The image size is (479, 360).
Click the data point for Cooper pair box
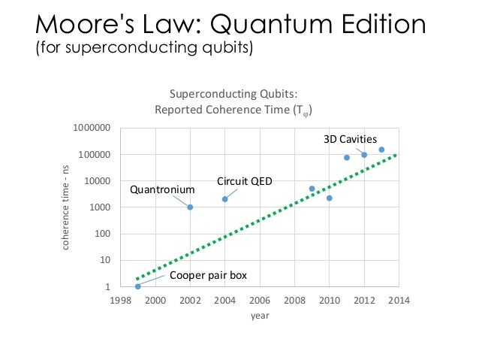(x=137, y=286)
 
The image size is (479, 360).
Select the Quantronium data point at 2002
(x=190, y=207)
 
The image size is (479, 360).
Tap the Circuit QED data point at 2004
(x=224, y=199)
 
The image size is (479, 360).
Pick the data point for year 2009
(x=312, y=189)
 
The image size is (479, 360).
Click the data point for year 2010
(x=329, y=198)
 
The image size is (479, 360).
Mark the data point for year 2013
(x=381, y=150)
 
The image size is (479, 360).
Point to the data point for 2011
(x=346, y=157)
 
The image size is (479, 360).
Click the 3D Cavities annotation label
(x=350, y=139)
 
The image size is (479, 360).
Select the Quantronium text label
(x=162, y=189)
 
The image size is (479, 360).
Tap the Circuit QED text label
(x=244, y=182)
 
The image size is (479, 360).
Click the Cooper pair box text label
(x=208, y=276)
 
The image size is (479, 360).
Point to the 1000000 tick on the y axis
(x=92, y=129)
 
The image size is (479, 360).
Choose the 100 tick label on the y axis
(x=102, y=234)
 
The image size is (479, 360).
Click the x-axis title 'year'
(x=259, y=316)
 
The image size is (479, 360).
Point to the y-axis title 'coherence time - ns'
(x=66, y=207)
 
